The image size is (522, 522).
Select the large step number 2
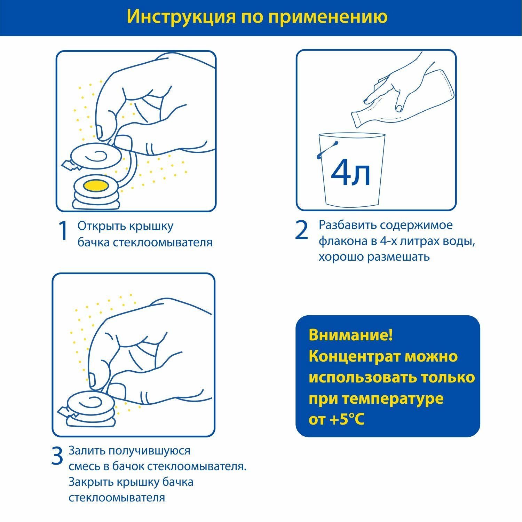[301, 230]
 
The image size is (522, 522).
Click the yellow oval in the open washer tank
[96, 185]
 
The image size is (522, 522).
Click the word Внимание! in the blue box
[350, 335]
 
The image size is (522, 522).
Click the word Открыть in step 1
[102, 226]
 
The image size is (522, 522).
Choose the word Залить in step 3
[87, 451]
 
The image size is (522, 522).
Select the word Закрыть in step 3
[90, 482]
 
